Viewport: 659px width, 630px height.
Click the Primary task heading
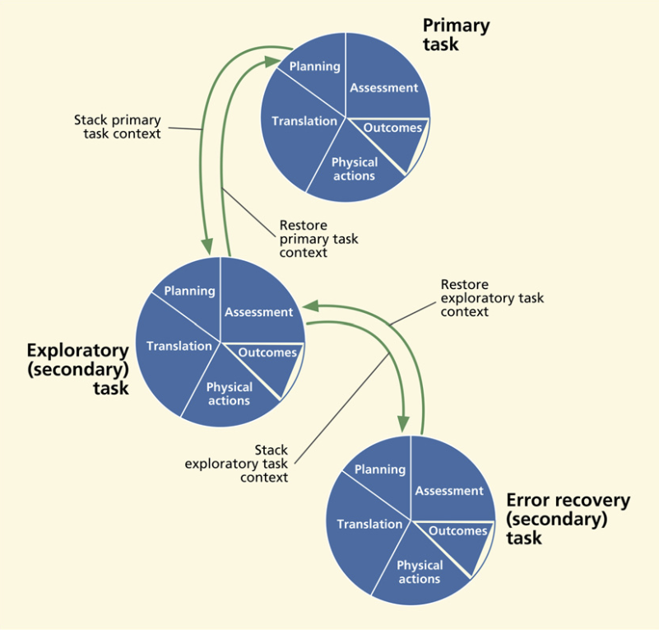click(455, 34)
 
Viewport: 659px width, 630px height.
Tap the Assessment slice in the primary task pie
click(383, 88)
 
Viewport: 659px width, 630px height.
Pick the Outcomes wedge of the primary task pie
click(392, 128)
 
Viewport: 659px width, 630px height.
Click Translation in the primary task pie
click(304, 121)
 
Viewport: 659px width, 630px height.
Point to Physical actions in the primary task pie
click(355, 169)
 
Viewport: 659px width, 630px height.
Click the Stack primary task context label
click(118, 126)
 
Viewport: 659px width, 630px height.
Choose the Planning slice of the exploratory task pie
click(190, 291)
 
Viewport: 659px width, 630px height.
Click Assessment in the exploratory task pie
click(258, 312)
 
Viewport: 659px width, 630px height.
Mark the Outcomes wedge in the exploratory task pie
click(267, 353)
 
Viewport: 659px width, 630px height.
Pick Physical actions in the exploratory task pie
click(230, 394)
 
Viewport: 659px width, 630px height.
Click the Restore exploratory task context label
click(492, 298)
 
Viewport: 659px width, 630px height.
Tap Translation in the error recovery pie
click(369, 524)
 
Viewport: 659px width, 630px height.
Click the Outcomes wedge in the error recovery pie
click(458, 532)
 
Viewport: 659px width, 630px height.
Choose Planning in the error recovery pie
click(380, 469)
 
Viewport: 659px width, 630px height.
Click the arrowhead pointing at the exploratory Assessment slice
click(309, 306)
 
